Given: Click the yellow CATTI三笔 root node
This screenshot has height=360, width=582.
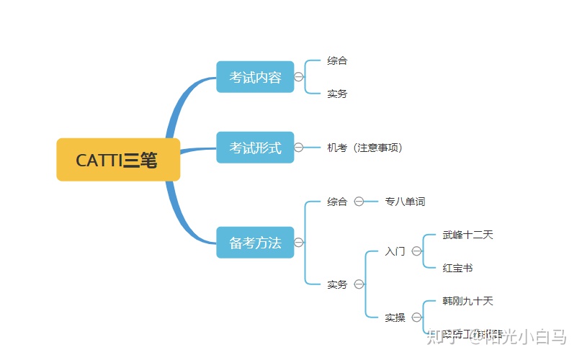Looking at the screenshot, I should coord(118,160).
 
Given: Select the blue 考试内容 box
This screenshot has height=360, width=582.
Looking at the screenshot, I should coord(255,77).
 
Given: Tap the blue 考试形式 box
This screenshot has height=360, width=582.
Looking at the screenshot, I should coord(255,148).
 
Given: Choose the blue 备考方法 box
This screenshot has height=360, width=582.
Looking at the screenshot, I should coord(255,243).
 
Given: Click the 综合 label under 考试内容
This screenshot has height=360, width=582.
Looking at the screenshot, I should coord(337,60).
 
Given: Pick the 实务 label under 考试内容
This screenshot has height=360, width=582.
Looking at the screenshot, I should coord(337,94).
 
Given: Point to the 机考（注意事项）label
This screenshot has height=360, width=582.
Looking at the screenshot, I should coord(364,148).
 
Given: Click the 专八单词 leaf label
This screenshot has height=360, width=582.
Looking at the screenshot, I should coord(405,202).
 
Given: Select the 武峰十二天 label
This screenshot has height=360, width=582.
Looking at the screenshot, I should coord(467,235).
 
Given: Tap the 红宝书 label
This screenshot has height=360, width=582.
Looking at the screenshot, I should coord(457,268).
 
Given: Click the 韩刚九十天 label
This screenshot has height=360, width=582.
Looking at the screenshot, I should coord(467,301).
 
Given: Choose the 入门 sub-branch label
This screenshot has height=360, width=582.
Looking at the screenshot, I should coord(395,251).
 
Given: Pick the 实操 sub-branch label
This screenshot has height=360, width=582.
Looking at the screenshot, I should coord(395,318).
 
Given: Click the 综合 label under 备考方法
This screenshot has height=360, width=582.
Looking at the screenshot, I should coord(337,202).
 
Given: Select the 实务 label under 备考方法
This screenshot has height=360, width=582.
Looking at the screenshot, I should coord(337,284).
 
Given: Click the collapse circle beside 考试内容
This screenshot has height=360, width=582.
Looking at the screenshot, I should coord(299,77).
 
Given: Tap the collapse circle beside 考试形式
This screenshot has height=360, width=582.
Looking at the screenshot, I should coord(299,148).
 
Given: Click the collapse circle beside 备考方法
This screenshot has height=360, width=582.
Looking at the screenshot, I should coord(299,243).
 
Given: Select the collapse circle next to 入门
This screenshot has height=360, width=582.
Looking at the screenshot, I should coord(416,251).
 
